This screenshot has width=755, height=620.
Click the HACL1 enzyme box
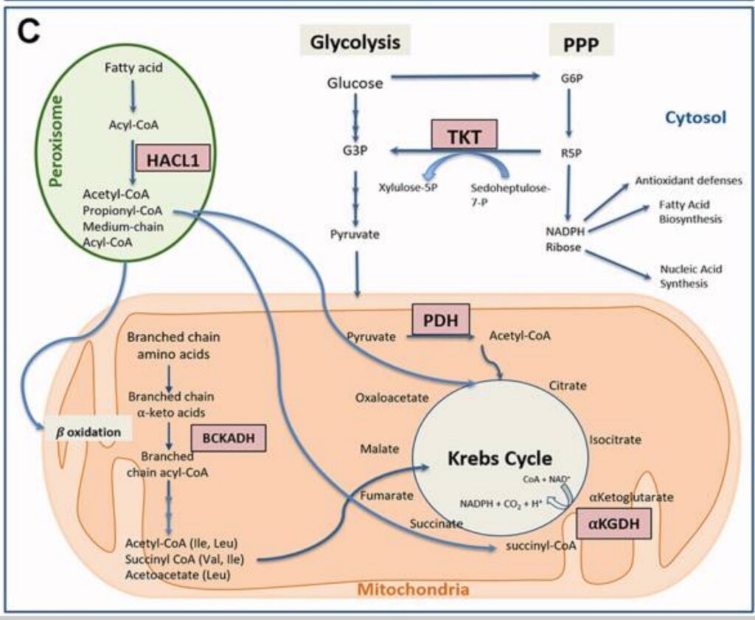(x=173, y=159)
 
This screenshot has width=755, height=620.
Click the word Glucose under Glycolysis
(x=355, y=83)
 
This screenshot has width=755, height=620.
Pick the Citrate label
(x=568, y=386)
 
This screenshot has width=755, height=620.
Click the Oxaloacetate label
(x=392, y=397)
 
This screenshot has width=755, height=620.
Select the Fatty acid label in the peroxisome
(x=133, y=68)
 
